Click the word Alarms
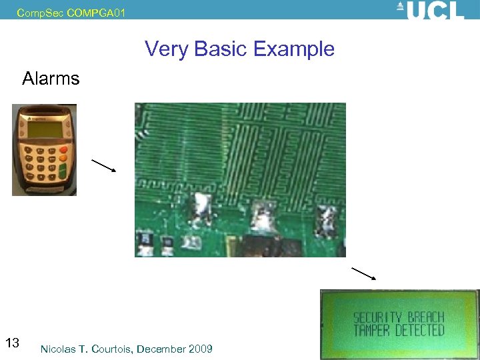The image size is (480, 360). tap(51, 79)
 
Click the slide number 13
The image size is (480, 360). tap(12, 343)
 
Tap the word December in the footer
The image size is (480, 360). tap(163, 349)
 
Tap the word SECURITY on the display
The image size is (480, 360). tap(377, 317)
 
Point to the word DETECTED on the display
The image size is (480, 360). tap(419, 331)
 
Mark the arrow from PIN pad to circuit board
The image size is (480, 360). tap(103, 165)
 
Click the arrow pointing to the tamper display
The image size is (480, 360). tap(364, 273)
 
